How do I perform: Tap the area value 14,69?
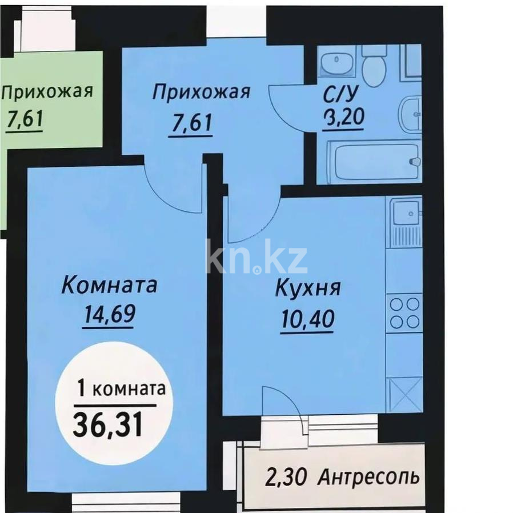point(108,314)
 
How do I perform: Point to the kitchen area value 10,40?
point(307,317)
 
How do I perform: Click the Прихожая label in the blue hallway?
point(202,93)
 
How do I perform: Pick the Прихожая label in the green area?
point(47,91)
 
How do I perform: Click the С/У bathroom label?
point(342,93)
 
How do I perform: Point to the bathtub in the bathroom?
point(373,161)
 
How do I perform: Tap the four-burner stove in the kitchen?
point(405,313)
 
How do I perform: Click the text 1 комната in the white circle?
point(121,390)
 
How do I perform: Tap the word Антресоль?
point(370,475)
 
